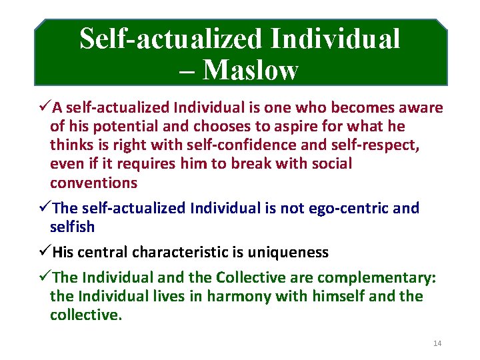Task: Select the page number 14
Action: (x=437, y=343)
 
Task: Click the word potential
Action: (x=125, y=127)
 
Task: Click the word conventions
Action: (x=93, y=183)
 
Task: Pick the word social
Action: (x=330, y=164)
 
